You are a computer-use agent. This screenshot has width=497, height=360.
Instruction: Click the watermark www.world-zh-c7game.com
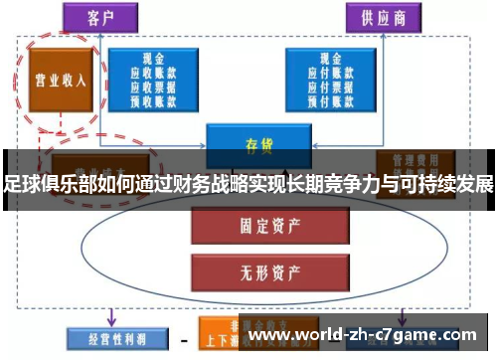365,336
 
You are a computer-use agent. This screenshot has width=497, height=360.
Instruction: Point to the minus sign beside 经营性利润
181,337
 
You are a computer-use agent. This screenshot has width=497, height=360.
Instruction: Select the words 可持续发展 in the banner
452,185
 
